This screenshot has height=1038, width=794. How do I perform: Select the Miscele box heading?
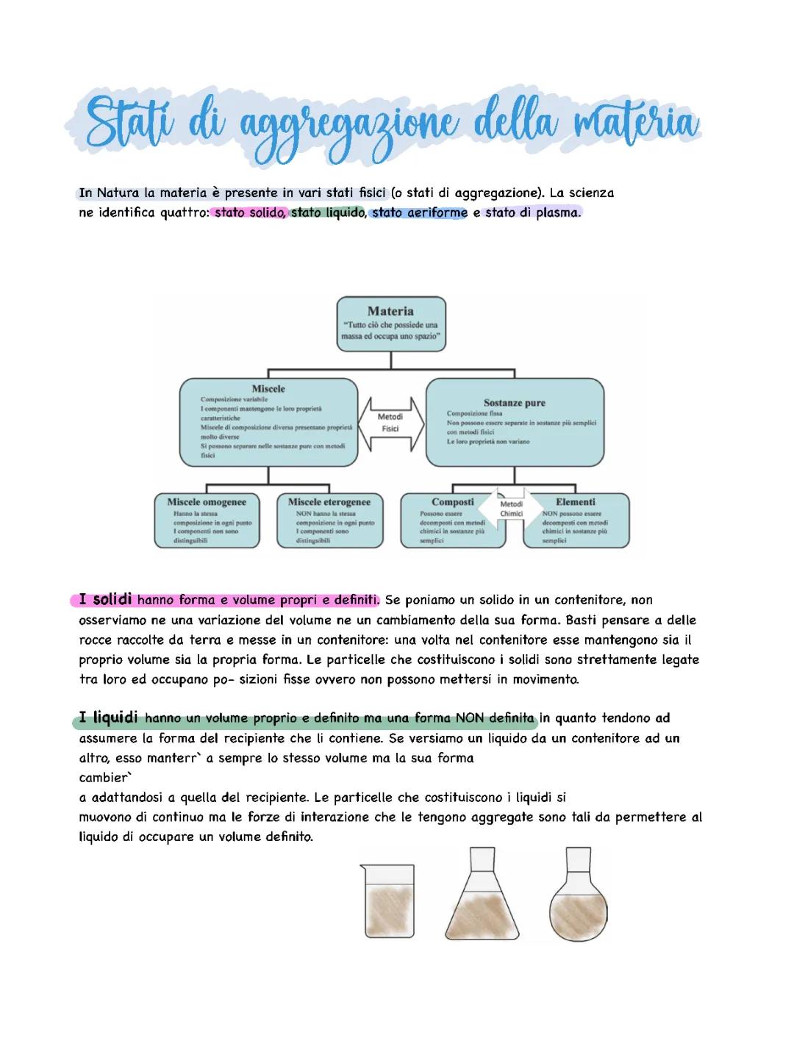268,388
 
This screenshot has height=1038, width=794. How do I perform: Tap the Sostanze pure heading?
514,403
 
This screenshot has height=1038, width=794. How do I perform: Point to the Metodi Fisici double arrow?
390,422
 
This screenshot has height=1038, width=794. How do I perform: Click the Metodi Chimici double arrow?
512,508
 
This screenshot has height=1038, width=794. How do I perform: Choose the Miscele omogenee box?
206,520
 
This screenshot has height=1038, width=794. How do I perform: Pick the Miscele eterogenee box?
329,520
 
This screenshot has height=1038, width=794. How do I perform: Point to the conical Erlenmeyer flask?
482,897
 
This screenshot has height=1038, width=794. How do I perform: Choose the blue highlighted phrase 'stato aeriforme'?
420,214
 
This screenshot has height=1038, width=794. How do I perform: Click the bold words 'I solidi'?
106,600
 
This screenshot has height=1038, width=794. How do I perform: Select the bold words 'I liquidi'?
110,717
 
